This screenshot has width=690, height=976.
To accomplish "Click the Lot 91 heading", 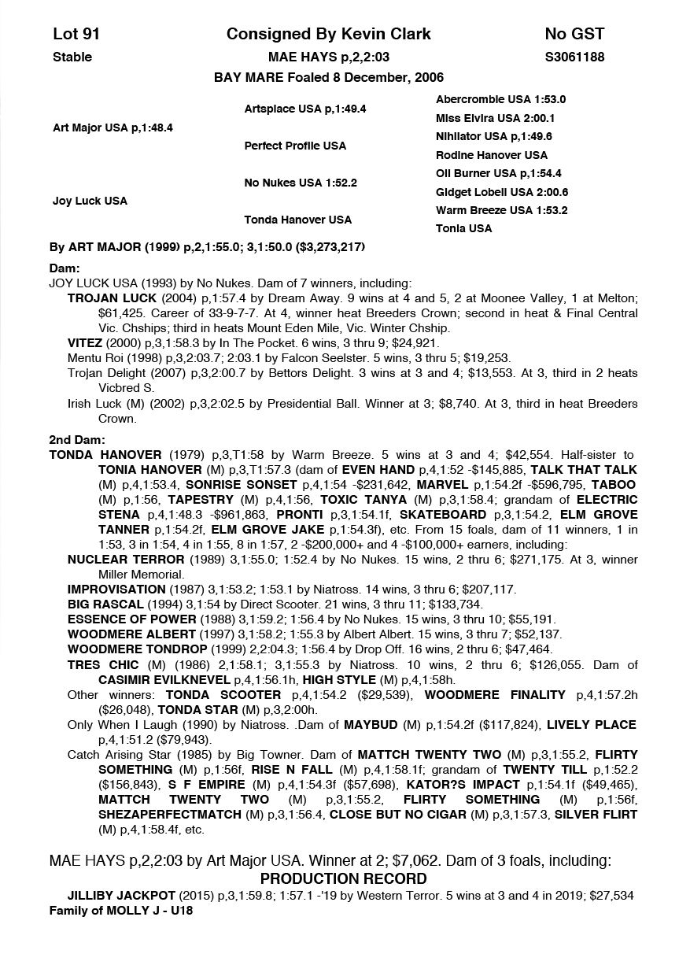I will click(76, 34).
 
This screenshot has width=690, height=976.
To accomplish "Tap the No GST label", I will click(574, 34).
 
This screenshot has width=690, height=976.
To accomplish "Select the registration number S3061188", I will click(574, 57).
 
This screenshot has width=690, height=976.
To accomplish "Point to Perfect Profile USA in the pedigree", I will click(295, 146).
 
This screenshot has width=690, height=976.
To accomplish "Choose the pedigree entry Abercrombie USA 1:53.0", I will click(500, 100).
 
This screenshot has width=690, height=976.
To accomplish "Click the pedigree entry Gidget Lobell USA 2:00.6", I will click(502, 192).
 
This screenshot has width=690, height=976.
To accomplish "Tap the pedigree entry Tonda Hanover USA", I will click(297, 220).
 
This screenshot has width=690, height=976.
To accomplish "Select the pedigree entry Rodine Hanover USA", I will click(492, 155).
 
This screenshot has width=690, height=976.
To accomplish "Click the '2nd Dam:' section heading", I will click(77, 440).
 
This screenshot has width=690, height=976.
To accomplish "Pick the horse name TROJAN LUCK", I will click(112, 298).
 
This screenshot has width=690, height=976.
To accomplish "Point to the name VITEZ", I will click(85, 342).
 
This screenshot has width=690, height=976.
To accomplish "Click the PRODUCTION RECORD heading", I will click(344, 878).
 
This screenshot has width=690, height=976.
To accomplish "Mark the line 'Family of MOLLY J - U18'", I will click(121, 911).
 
